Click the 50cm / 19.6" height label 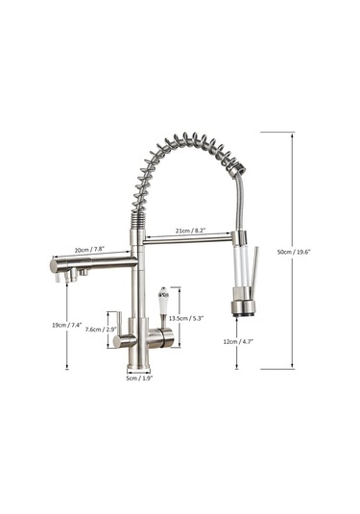coord(294,252)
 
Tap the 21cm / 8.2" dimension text coord(190,231)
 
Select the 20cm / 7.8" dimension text coord(89,250)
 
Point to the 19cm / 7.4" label coord(67,325)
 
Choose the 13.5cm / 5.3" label coord(186,318)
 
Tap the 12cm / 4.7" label coord(238,341)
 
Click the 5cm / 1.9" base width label coord(139,378)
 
